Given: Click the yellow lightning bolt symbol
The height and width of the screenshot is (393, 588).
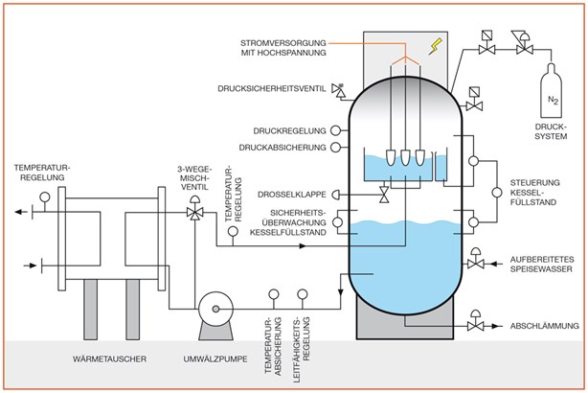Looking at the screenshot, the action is pos(436,46).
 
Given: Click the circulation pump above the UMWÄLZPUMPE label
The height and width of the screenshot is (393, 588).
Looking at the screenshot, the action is pos(215,315).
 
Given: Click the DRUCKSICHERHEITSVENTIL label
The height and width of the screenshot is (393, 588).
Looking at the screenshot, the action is pos(272,89).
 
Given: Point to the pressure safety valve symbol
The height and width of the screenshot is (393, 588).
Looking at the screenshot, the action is pos(339,90).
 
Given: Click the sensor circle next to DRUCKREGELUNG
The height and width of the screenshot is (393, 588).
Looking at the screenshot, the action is pos(335,130).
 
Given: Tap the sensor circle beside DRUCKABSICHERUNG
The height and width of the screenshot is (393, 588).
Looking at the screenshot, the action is pos(335,148).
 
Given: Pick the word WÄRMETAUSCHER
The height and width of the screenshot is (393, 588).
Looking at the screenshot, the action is pos(109,358).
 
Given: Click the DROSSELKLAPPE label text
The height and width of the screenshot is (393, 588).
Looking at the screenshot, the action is pos(292,195).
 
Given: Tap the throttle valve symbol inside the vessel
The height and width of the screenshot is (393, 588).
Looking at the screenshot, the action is pos(384,195).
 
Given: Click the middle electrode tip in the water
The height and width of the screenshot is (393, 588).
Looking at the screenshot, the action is pos(405,157).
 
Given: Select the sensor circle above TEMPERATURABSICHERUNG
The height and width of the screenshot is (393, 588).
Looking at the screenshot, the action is pos(274,294).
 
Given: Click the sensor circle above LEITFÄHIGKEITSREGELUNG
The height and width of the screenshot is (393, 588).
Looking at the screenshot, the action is pos(303,294).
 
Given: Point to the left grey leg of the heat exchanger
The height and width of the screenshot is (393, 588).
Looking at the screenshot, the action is pos(90,310).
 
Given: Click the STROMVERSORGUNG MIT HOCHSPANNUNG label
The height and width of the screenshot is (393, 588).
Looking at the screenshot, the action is pos(283,48).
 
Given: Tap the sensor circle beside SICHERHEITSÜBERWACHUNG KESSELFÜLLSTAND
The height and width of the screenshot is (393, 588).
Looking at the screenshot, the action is pos(337,222).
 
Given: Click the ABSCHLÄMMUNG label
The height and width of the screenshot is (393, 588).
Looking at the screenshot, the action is pos(545,326).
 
